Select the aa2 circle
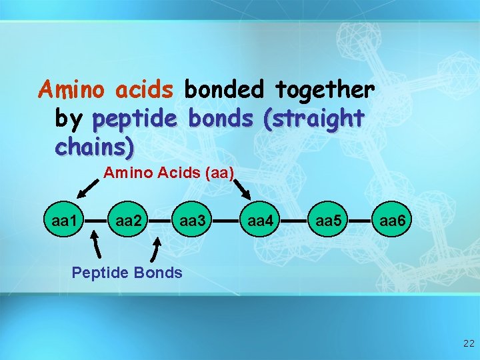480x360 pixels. click(128, 219)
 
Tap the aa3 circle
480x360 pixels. click(193, 219)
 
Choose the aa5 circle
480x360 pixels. click(328, 219)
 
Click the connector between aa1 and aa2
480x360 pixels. click(95, 219)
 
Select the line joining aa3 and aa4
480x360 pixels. click(227, 219)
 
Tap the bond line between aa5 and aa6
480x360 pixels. click(361, 219)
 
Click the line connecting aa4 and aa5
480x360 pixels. click(294, 219)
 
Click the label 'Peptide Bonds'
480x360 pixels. click(127, 272)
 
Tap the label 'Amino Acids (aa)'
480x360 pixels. click(168, 173)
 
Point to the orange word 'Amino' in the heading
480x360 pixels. click(73, 89)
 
